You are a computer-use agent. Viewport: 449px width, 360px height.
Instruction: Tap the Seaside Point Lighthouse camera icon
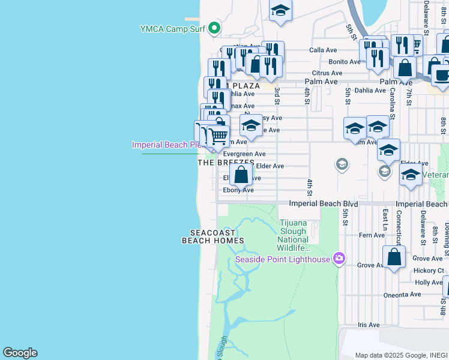point(339,259)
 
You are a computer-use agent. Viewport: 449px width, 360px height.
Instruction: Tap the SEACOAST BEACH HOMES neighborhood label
point(212,236)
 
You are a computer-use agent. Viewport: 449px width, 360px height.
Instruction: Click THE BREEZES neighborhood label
point(223,163)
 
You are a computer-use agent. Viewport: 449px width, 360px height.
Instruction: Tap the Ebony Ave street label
point(238,190)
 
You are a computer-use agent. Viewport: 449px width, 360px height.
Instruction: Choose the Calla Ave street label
point(323,50)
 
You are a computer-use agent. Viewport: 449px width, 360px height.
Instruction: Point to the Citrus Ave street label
point(327,73)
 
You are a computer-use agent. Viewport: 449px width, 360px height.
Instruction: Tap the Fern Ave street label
point(371,235)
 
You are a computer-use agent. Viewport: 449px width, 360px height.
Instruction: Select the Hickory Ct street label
point(428,271)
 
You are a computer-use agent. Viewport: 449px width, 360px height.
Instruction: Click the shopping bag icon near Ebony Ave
point(241,175)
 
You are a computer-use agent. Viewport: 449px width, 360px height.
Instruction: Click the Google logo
point(20,353)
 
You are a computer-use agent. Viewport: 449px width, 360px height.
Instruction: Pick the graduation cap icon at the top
point(280,11)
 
